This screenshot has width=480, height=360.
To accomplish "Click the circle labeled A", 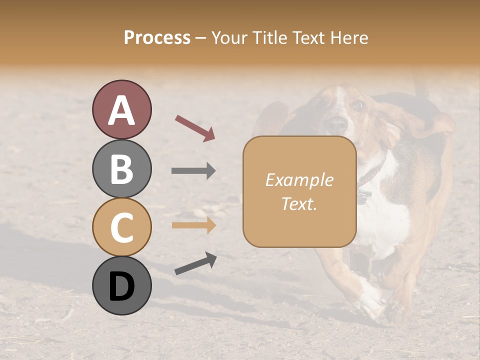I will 121,109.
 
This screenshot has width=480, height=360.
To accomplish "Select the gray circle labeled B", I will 121,168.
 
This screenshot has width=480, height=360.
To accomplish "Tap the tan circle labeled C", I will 121,227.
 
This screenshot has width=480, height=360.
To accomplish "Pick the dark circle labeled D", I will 121,285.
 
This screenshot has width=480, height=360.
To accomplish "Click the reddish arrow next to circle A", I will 195,128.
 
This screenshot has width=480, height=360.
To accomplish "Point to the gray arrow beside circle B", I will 193,171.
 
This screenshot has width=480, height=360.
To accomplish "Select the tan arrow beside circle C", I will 193,225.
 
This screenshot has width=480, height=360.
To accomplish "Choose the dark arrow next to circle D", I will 195,263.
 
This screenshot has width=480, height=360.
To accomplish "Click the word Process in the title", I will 157,37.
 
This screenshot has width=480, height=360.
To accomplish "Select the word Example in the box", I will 299,180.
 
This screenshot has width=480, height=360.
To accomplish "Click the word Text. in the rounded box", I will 299,203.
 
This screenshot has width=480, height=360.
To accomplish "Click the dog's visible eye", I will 357,105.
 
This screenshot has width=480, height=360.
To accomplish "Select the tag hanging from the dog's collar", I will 363,196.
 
